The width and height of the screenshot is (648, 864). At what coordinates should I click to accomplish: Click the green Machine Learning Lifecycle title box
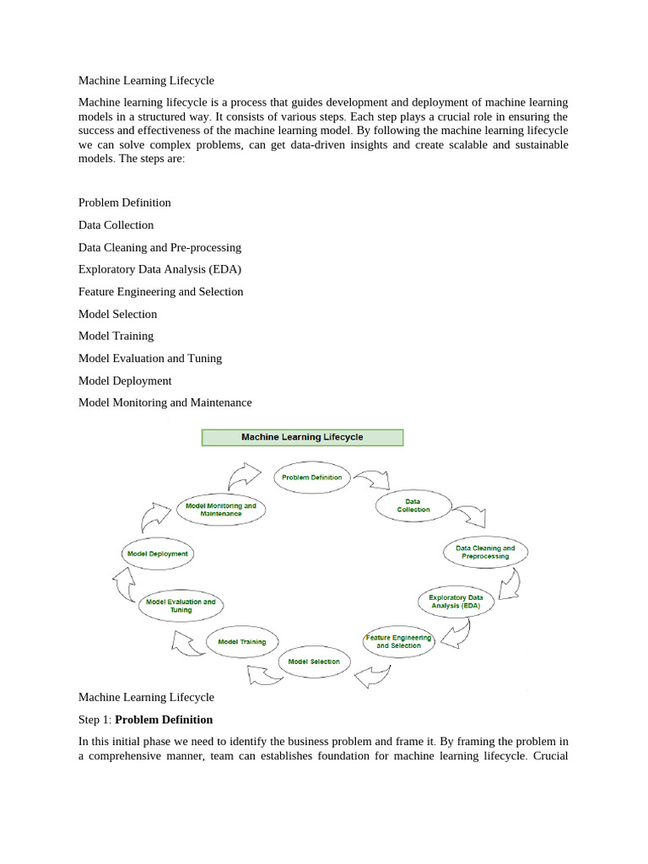[x=302, y=437]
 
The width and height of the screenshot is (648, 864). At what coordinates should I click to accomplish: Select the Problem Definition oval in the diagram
[x=311, y=477]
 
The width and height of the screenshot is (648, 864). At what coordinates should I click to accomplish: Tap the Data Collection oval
[x=413, y=505]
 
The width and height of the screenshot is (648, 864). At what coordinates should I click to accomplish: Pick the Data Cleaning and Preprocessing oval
[x=485, y=552]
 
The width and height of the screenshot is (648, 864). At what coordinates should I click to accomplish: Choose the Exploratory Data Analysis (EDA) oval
[x=456, y=602]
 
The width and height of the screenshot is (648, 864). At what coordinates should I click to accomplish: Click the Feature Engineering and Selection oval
[x=398, y=641]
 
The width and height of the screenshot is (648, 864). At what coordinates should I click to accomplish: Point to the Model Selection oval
[x=314, y=661]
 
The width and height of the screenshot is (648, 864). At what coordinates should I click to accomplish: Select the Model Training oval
[x=241, y=641]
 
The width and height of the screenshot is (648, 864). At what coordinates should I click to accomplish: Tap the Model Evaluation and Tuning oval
[x=181, y=606]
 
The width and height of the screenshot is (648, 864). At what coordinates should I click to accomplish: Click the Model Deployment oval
[x=158, y=553]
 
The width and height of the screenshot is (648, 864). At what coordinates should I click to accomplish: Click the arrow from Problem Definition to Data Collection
[x=371, y=481]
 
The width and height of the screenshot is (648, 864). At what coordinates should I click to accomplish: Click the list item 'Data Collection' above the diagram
[x=116, y=225]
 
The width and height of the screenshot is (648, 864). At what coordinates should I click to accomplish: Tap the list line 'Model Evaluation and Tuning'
[x=150, y=359]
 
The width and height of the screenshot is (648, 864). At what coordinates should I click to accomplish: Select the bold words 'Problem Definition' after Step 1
[x=164, y=720]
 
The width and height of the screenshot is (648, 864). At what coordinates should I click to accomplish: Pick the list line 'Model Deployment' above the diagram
[x=125, y=381]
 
